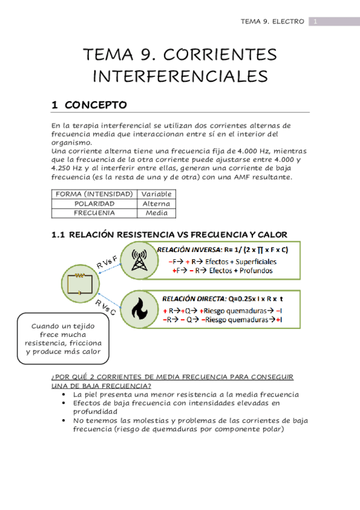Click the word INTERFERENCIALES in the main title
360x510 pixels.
pyautogui.click(x=180, y=76)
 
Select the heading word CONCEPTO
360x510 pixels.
pyautogui.click(x=96, y=105)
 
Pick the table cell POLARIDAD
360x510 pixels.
pyautogui.click(x=94, y=203)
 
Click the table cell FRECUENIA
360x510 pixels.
pyautogui.click(x=94, y=213)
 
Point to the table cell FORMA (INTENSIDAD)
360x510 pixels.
pyautogui.click(x=94, y=194)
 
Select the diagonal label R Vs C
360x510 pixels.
pyautogui.click(x=106, y=307)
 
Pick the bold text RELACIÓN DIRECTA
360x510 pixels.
pyautogui.click(x=188, y=298)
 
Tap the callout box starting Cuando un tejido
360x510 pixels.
pyautogui.click(x=63, y=339)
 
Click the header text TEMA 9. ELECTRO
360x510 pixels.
pyautogui.click(x=272, y=22)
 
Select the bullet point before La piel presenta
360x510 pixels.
pyautogui.click(x=64, y=395)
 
